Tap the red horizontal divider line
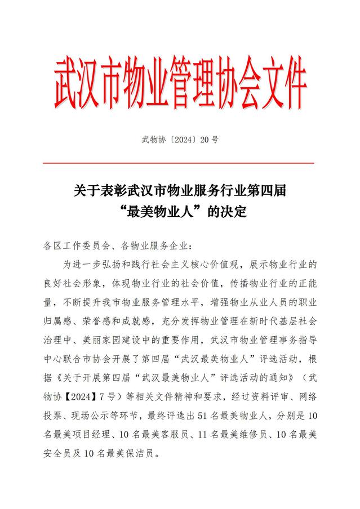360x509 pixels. [x=179, y=163]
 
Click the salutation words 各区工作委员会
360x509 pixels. [x=77, y=246]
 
